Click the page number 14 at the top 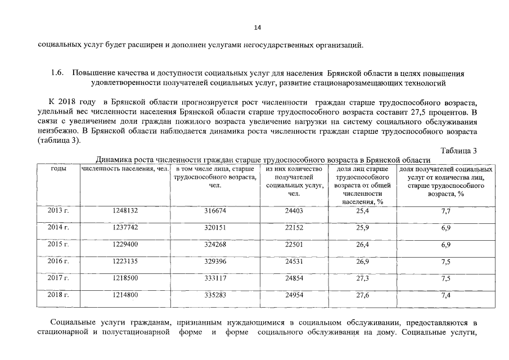(258, 27)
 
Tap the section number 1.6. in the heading (58, 74)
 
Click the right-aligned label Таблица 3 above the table (459, 151)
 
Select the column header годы (58, 169)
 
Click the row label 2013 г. (58, 211)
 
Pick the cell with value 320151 (216, 228)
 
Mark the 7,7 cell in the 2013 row (445, 211)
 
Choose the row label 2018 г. (58, 294)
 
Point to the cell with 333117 (216, 278)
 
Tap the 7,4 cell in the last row (445, 295)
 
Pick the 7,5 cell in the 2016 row (445, 262)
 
